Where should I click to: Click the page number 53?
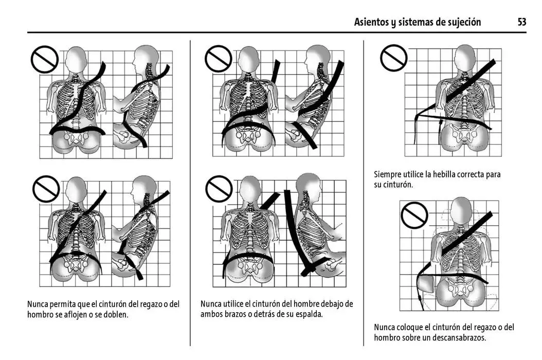pyautogui.click(x=521, y=22)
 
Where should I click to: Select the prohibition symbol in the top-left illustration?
pyautogui.click(x=45, y=59)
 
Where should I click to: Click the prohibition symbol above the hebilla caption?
pyautogui.click(x=394, y=58)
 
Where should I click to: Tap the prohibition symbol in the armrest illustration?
pyautogui.click(x=414, y=215)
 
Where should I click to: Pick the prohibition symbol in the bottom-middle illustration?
pyautogui.click(x=219, y=189)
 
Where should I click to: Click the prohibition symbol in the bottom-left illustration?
pyautogui.click(x=46, y=189)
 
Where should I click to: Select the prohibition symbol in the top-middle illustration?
pyautogui.click(x=219, y=59)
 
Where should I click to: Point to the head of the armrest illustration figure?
pyautogui.click(x=461, y=211)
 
